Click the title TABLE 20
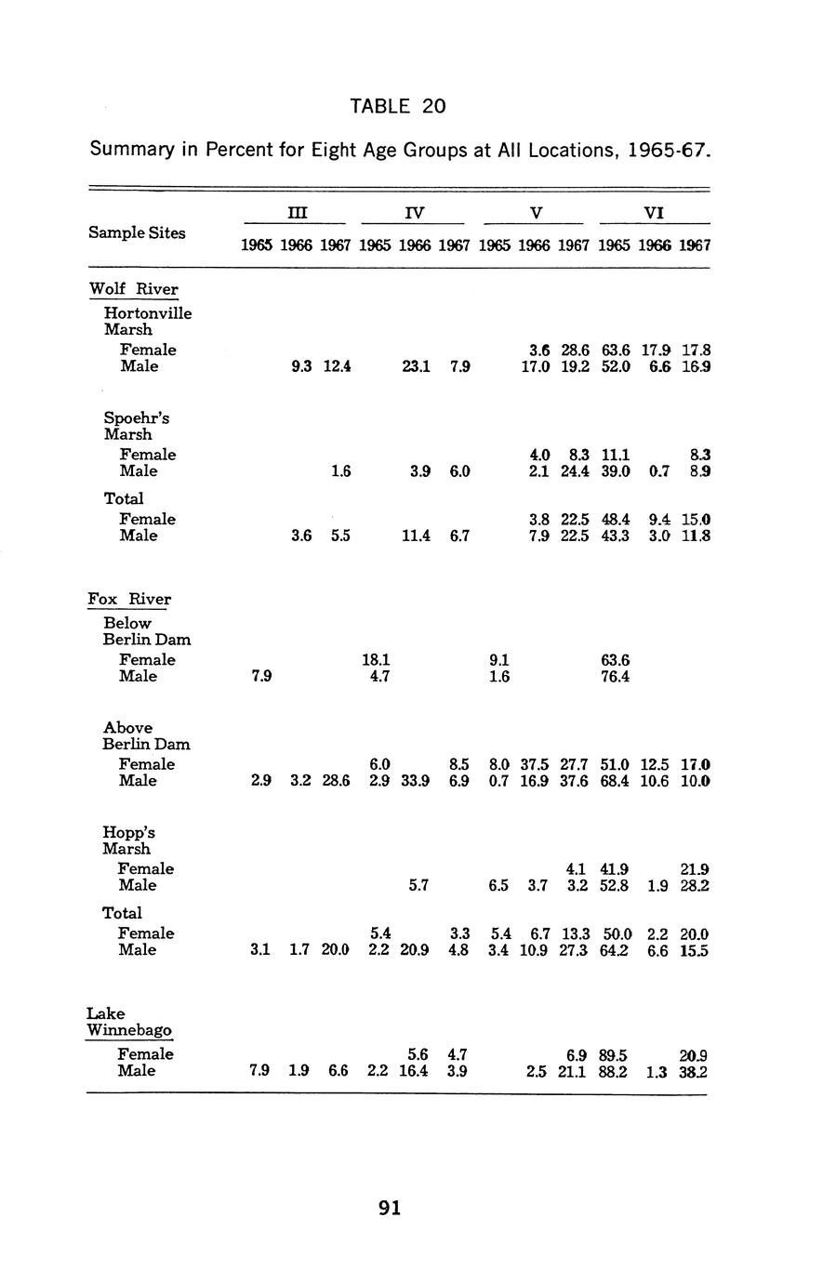pyautogui.click(x=398, y=106)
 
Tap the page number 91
pyautogui.click(x=391, y=1208)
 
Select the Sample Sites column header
pyautogui.click(x=137, y=232)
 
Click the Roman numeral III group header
pyautogui.click(x=296, y=213)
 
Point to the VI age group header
pyautogui.click(x=654, y=213)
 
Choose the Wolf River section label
pyautogui.click(x=133, y=289)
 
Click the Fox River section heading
pyautogui.click(x=129, y=599)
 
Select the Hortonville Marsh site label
pyautogui.click(x=148, y=321)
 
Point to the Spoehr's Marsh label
pyautogui.click(x=136, y=426)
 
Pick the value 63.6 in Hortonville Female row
pyautogui.click(x=615, y=351)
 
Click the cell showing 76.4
pyautogui.click(x=615, y=677)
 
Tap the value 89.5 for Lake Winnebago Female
pyautogui.click(x=614, y=1054)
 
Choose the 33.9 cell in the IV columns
pyautogui.click(x=414, y=781)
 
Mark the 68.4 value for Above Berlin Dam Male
pyautogui.click(x=615, y=781)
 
